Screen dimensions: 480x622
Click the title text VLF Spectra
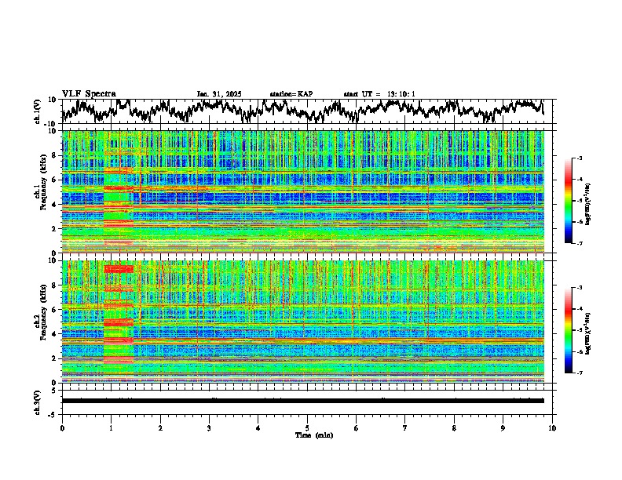coord(89,93)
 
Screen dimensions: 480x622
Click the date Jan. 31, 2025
coord(219,94)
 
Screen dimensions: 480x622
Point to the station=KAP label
coord(291,94)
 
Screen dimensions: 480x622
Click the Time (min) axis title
coord(307,435)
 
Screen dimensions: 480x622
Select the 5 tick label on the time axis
coord(307,427)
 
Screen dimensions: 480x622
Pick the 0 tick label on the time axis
coord(62,427)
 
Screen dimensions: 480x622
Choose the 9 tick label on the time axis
coord(503,427)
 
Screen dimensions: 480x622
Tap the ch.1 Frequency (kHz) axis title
coord(38,188)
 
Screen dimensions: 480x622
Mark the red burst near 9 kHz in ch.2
coord(119,269)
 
